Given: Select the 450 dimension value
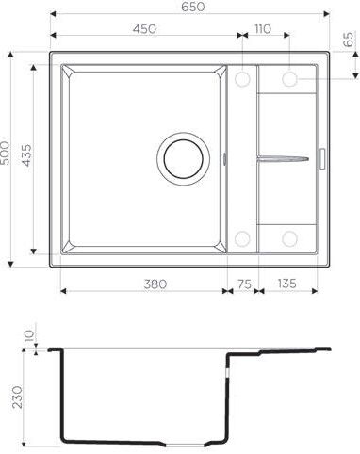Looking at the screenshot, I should coord(144,29).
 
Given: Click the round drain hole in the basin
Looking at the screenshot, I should coord(182,157).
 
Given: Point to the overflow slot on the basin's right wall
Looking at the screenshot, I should coord(226,157).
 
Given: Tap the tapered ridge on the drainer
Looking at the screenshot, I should coord(283,157).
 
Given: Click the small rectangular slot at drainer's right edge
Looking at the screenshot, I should coord(322,157).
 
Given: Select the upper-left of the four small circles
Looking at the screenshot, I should coord(242,78).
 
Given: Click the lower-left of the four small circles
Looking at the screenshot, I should coord(242,237).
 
